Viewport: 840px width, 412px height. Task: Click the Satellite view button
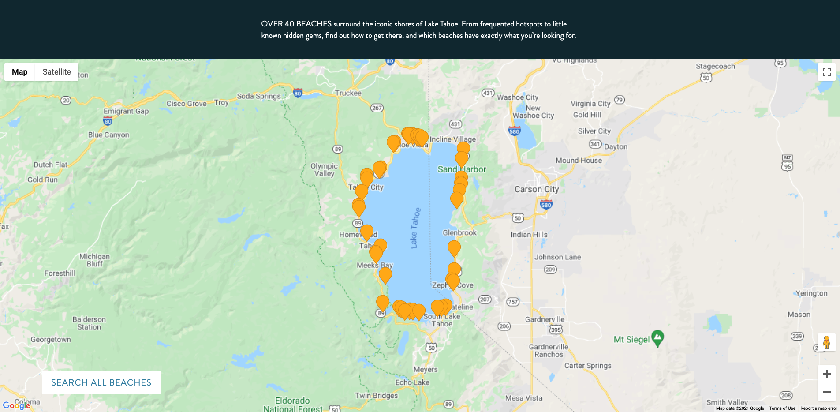coord(56,72)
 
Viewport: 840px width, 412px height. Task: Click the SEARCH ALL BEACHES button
coord(101,382)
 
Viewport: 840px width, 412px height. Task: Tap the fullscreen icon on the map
coord(826,72)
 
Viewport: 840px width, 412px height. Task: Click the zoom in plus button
coord(826,374)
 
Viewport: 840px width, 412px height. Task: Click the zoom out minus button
coord(826,392)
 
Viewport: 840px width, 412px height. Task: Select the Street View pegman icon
coord(826,342)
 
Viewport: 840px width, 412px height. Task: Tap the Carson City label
coord(536,189)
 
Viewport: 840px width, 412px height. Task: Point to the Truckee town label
coord(348,93)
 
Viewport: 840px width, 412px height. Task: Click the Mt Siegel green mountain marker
coord(657,338)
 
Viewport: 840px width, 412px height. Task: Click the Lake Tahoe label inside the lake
coord(415,228)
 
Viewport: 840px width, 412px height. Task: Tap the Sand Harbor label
coord(461,169)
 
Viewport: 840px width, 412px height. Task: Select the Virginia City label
coord(590,104)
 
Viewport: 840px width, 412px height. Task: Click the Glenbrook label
coord(459,233)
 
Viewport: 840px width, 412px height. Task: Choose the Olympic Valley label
coord(324,170)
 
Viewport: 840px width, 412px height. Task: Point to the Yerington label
coord(811,293)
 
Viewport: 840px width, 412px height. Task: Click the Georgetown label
coord(51,340)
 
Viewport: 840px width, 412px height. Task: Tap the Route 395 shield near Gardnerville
coord(556,330)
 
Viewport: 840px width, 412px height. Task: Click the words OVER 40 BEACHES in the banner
coord(296,24)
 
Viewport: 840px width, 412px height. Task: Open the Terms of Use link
coord(782,408)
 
